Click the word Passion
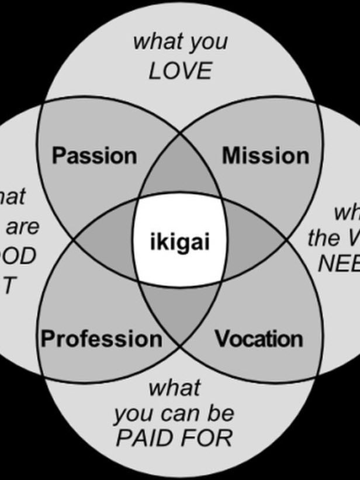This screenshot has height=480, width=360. [94, 156]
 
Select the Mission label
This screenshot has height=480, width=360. [265, 156]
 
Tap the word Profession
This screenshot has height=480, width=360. [101, 339]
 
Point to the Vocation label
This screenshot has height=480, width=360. [259, 339]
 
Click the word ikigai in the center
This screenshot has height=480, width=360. [179, 242]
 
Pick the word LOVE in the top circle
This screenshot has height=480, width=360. [179, 71]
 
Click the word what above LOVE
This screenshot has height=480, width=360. [154, 42]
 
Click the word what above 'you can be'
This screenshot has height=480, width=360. [174, 387]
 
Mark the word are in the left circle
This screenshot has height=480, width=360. [23, 227]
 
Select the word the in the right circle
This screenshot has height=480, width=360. [325, 238]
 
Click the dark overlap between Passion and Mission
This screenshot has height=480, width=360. [179, 178]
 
